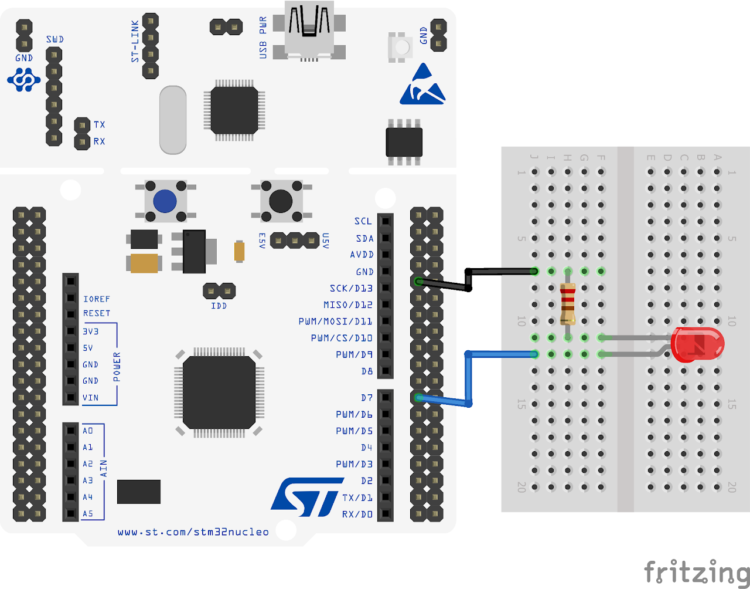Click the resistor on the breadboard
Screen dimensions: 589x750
click(567, 304)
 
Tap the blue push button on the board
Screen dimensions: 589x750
click(165, 201)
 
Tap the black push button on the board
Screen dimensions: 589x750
click(281, 201)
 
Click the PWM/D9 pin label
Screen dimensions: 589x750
click(354, 354)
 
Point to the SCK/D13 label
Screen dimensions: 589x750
click(351, 288)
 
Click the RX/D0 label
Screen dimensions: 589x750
click(357, 514)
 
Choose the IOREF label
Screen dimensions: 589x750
click(96, 299)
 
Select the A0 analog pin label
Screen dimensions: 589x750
click(87, 431)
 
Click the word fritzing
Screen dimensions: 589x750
click(696, 572)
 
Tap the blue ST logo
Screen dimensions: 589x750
click(306, 496)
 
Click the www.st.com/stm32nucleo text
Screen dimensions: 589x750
click(193, 532)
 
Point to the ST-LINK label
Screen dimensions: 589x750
click(135, 42)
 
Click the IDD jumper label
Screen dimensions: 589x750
click(219, 306)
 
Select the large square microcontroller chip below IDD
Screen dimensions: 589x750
click(219, 392)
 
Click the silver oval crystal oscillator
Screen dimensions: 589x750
click(173, 120)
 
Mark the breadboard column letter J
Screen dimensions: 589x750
click(534, 157)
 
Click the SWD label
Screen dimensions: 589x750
click(54, 39)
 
